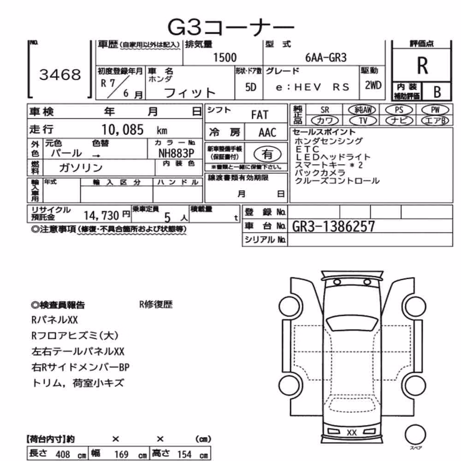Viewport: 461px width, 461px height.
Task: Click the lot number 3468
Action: click(60, 75)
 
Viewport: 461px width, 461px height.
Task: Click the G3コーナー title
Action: click(231, 27)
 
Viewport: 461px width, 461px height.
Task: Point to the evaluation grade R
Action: click(422, 65)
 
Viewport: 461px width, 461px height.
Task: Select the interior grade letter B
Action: click(437, 92)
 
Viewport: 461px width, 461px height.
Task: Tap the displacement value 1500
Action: click(225, 58)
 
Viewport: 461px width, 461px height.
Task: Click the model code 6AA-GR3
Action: click(326, 58)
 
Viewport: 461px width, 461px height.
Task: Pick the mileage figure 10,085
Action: click(122, 130)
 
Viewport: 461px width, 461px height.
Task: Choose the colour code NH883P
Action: click(177, 153)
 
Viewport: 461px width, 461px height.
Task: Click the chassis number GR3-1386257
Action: click(333, 226)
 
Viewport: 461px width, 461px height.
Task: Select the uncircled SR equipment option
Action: click(325, 110)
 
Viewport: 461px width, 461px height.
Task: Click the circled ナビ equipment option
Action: click(399, 120)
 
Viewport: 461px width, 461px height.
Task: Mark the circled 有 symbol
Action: click(267, 154)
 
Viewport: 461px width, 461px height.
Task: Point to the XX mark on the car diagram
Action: click(352, 432)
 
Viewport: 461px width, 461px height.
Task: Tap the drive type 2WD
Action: click(373, 85)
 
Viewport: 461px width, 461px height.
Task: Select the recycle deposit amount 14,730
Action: click(101, 216)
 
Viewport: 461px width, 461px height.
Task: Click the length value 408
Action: click(63, 454)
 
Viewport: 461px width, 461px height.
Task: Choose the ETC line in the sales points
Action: click(307, 149)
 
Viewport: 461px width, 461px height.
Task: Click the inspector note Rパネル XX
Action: click(54, 319)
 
